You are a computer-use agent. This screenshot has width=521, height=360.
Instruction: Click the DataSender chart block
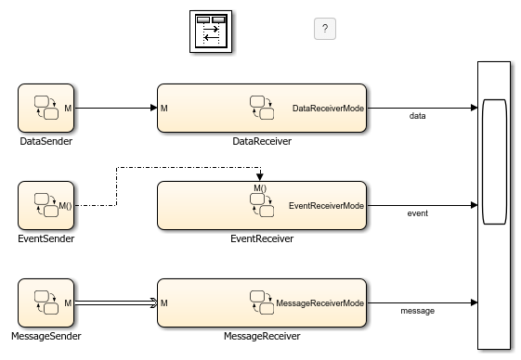(46, 108)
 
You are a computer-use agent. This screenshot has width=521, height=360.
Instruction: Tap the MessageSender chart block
(46, 302)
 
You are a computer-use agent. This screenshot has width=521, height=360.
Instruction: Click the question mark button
(324, 29)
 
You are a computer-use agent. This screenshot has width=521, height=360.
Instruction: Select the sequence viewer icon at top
(212, 32)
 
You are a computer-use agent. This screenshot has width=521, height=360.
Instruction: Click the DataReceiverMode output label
(328, 109)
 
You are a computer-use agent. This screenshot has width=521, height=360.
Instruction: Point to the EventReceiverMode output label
(326, 205)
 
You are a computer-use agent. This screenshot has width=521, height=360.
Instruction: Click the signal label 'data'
(418, 116)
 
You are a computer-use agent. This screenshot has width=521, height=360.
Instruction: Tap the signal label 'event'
(418, 213)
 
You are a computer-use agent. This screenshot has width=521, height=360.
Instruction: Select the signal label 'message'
(418, 311)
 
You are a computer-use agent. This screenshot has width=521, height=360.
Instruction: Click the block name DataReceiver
(262, 142)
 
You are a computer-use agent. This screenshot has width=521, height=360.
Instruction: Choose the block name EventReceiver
(262, 239)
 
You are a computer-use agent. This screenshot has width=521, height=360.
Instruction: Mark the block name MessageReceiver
(262, 337)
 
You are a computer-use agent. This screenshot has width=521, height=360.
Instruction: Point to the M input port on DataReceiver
(163, 109)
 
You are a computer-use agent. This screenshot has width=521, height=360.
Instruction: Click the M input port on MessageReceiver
(163, 302)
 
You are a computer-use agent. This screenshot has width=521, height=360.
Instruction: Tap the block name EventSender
(46, 239)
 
